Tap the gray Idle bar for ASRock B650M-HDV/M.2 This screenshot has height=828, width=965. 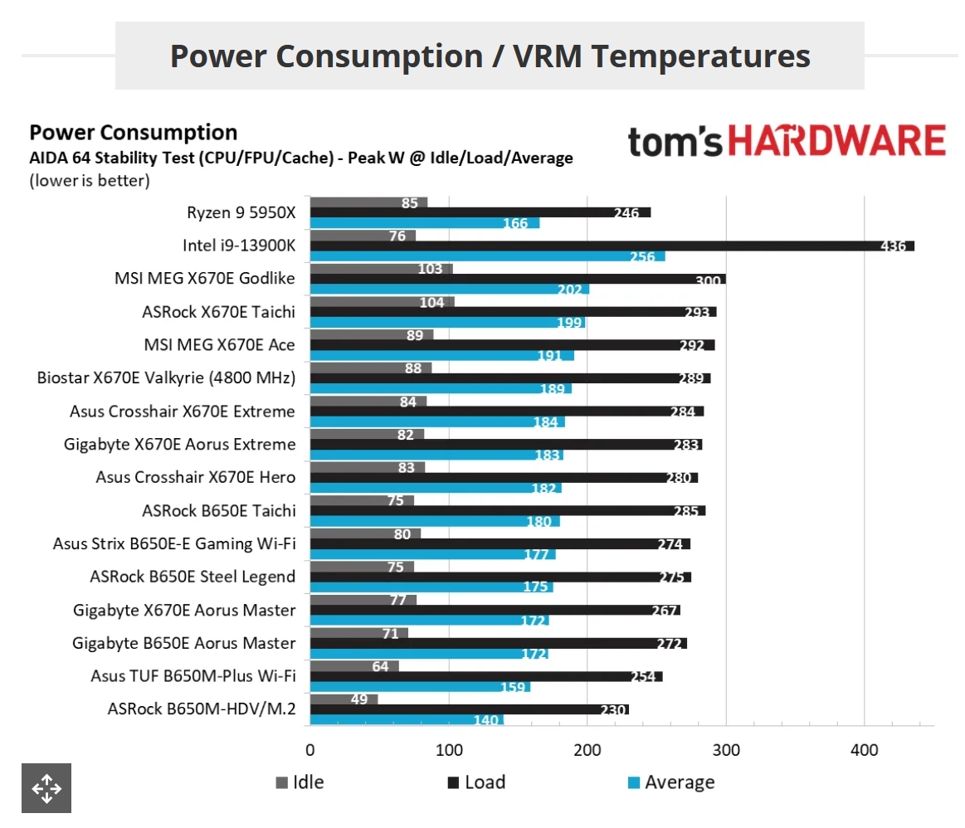pos(343,699)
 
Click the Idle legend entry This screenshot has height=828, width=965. pos(300,782)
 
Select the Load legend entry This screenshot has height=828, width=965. pos(476,782)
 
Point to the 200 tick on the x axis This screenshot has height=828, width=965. pos(587,750)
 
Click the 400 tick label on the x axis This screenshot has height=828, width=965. pos(865,750)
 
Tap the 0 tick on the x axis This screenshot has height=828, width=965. pos(310,750)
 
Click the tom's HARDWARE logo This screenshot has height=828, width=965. pos(787,142)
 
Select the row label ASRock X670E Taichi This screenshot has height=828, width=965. pos(219,312)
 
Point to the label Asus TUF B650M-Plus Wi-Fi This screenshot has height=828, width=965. pos(193,676)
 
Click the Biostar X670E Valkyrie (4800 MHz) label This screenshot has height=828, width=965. pos(167,378)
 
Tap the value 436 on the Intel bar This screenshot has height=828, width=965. pos(892,246)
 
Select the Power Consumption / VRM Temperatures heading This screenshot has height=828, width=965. pos(490,56)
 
